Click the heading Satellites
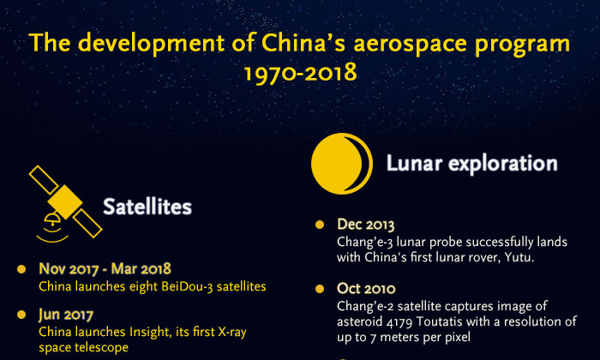pos(147,207)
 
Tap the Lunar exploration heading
pos(471,162)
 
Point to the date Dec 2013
pos(366,225)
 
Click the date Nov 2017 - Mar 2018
pos(105,269)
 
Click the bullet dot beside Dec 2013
pos(320,225)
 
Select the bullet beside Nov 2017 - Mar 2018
pos(21,269)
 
